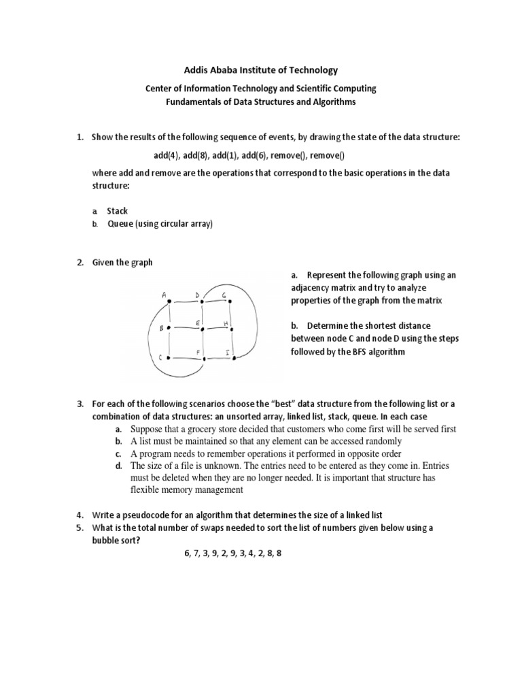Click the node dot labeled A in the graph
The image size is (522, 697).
coord(169,301)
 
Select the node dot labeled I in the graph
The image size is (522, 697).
coord(233,357)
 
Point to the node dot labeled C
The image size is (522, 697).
coord(169,357)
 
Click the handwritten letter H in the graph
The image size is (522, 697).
coord(225,322)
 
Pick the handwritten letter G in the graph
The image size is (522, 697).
coord(224,294)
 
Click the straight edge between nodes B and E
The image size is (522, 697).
coord(185,328)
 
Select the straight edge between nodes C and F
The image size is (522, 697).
coord(185,357)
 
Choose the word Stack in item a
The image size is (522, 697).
coord(118,211)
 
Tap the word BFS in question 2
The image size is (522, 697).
coord(364,352)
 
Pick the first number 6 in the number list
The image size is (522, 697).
coord(187,553)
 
